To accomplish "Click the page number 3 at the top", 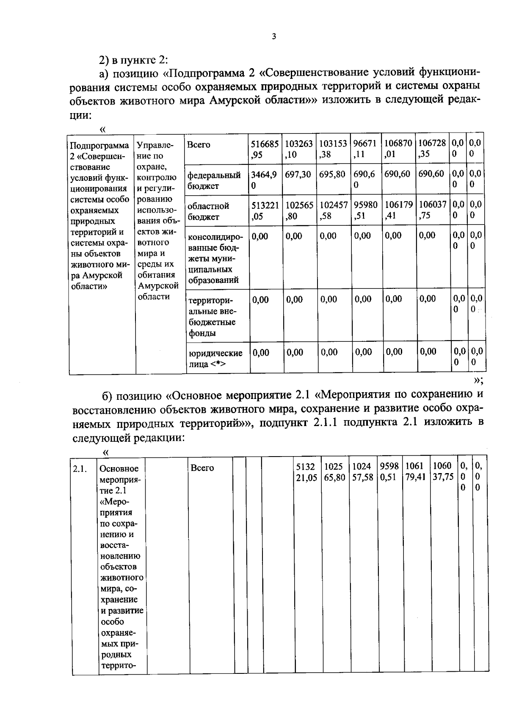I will (x=273, y=37).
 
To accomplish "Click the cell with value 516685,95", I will (x=265, y=149).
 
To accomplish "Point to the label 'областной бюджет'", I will (x=208, y=211).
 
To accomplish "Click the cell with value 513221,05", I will (x=265, y=210).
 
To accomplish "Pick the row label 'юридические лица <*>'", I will (x=215, y=358).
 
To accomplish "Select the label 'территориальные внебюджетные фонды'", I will (x=212, y=316).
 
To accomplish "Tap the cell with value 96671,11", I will (x=365, y=149).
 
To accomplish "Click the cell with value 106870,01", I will (x=398, y=149).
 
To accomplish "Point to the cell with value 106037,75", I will (x=432, y=210).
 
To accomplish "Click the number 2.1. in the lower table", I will (x=80, y=469).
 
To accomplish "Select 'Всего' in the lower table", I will (x=202, y=468).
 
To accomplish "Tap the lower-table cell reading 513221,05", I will (x=306, y=472).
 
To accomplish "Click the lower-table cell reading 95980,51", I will (x=389, y=472).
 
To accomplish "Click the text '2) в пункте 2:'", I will (x=134, y=59).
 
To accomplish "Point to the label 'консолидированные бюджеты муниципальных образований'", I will (x=215, y=258).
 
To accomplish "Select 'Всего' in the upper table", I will (x=199, y=145).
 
